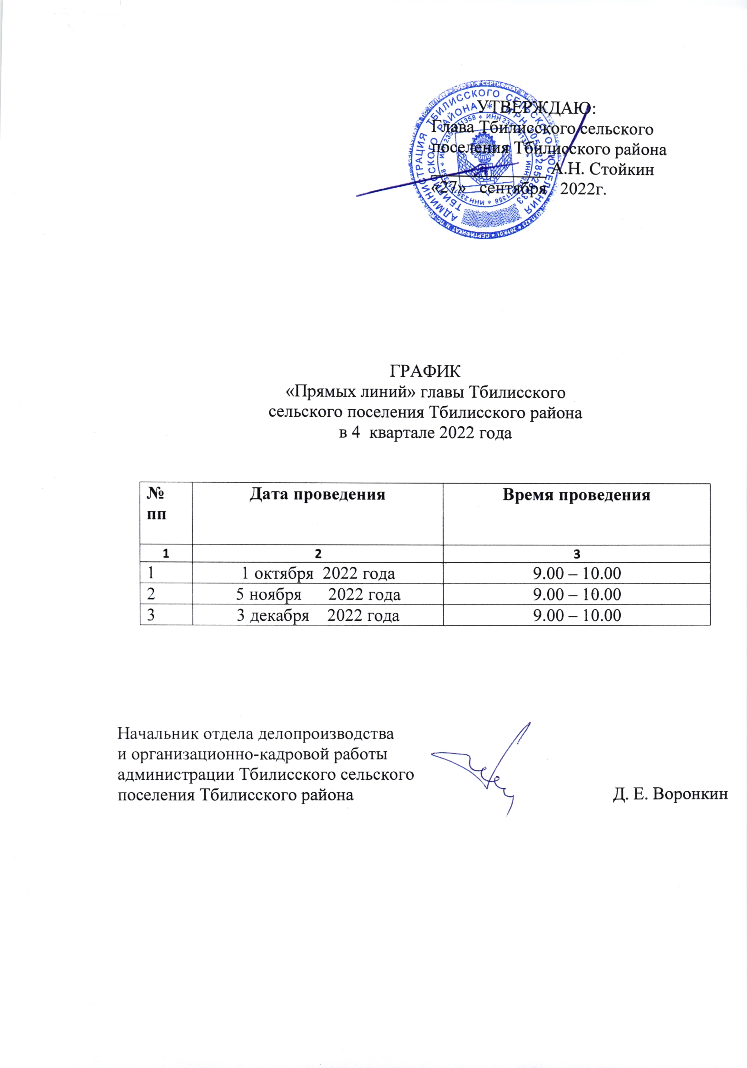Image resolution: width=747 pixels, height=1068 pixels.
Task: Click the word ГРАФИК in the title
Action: (x=425, y=372)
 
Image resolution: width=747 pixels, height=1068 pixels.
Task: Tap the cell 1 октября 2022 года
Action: (x=318, y=574)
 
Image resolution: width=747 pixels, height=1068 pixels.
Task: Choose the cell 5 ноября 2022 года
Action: (x=318, y=594)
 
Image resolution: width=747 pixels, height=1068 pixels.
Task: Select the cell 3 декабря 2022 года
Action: (x=318, y=615)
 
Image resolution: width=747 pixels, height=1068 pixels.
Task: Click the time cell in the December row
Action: (x=576, y=615)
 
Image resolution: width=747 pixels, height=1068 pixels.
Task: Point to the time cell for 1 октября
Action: (x=576, y=574)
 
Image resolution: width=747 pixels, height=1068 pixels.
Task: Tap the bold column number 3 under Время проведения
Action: (x=576, y=554)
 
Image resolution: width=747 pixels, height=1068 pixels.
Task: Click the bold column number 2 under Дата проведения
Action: (x=318, y=554)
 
